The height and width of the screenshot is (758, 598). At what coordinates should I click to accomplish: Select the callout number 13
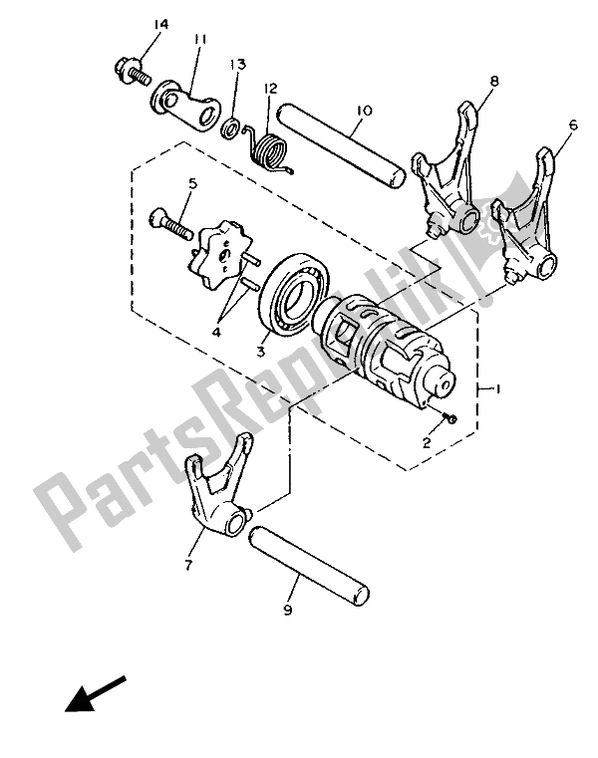click(x=237, y=64)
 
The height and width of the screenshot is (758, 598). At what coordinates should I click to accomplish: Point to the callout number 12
click(x=269, y=89)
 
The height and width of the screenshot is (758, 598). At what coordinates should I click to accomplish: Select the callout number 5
click(x=192, y=183)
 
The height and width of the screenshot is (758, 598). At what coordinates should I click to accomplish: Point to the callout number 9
click(x=289, y=610)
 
